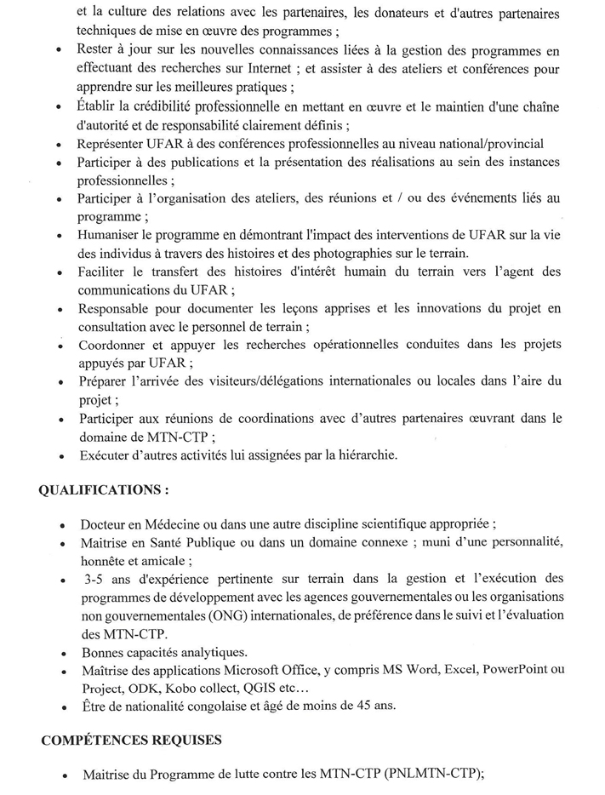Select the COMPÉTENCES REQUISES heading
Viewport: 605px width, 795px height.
pyautogui.click(x=132, y=741)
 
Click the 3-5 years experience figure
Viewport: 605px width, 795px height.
pyautogui.click(x=98, y=579)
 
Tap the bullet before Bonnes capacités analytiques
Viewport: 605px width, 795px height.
pyautogui.click(x=64, y=654)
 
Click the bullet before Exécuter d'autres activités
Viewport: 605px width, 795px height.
pyautogui.click(x=63, y=456)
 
